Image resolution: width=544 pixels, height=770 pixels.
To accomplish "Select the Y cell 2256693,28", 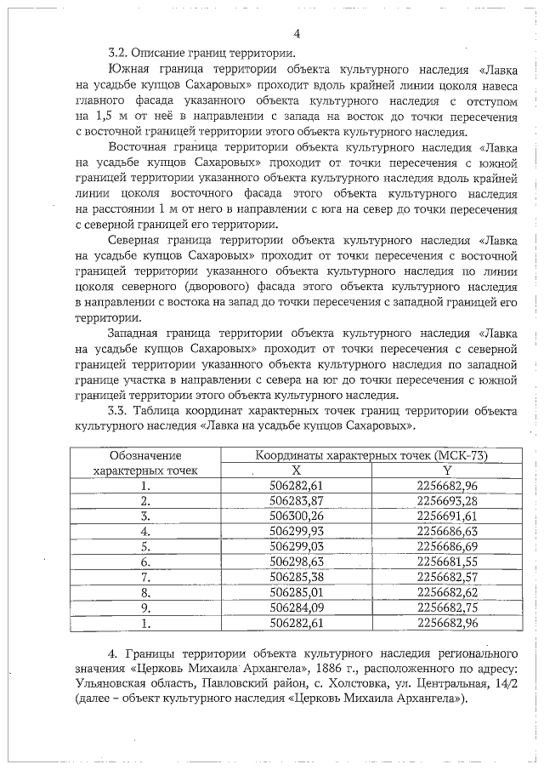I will pyautogui.click(x=447, y=500).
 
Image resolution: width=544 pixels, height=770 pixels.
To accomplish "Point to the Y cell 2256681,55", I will pyautogui.click(x=447, y=562).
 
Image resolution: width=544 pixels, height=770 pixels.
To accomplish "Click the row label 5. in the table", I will pyautogui.click(x=145, y=547).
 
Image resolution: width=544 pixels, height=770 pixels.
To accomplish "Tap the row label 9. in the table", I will pyautogui.click(x=145, y=608).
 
